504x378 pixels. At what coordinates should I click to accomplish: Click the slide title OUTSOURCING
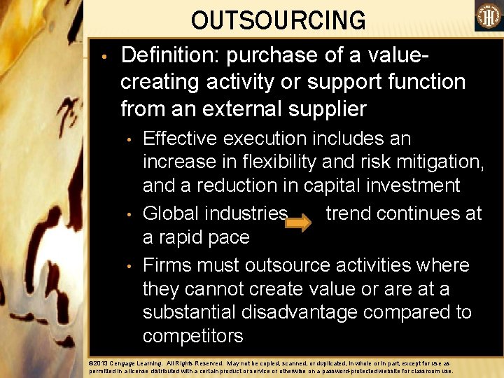[278, 21]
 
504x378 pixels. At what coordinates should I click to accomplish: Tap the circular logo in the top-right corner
[489, 16]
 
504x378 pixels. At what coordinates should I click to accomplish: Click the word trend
[353, 213]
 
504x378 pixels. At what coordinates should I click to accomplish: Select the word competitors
[193, 336]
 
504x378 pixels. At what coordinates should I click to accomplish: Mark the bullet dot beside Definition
[103, 55]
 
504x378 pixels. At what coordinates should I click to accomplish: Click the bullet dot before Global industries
[129, 213]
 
